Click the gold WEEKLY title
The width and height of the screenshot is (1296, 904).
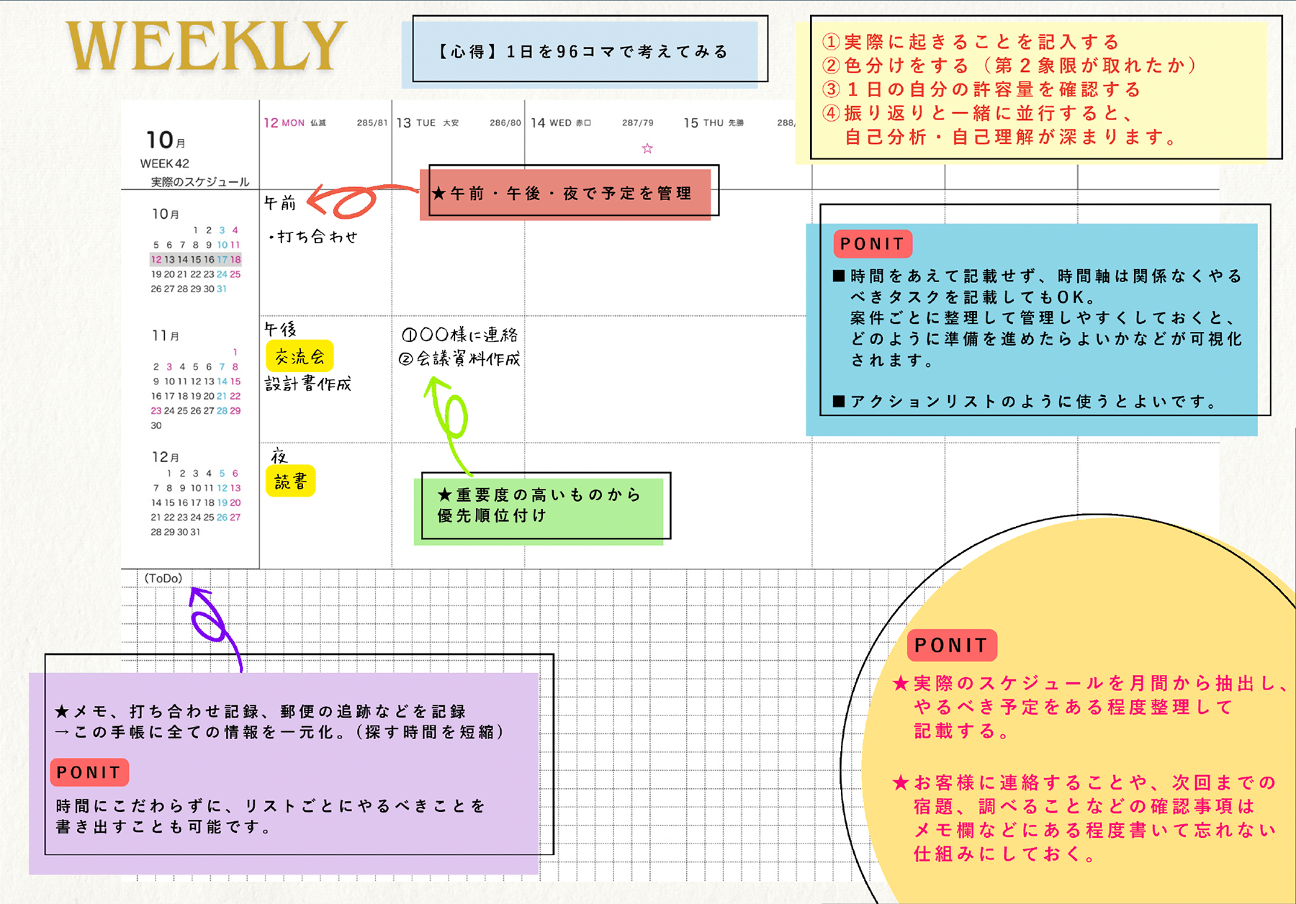206,46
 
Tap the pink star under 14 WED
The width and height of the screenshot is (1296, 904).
647,148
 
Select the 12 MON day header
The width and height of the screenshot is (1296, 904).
284,123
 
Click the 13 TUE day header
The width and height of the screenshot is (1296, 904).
416,123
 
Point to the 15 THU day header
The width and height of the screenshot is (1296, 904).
703,123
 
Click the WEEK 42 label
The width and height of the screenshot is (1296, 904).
164,163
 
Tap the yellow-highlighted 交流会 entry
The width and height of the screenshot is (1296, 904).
300,356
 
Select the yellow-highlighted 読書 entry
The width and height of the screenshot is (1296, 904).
291,482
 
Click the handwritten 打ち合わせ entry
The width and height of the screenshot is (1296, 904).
313,237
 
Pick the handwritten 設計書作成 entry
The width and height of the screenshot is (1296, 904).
308,384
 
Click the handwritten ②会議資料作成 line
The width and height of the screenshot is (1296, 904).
459,358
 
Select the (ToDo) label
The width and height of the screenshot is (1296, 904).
163,578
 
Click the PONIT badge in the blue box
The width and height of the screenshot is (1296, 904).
873,244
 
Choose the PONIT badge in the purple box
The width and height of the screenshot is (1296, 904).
89,772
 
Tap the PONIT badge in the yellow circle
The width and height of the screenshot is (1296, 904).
952,646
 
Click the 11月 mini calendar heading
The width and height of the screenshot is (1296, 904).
166,335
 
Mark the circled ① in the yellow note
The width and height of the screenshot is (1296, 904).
831,42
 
